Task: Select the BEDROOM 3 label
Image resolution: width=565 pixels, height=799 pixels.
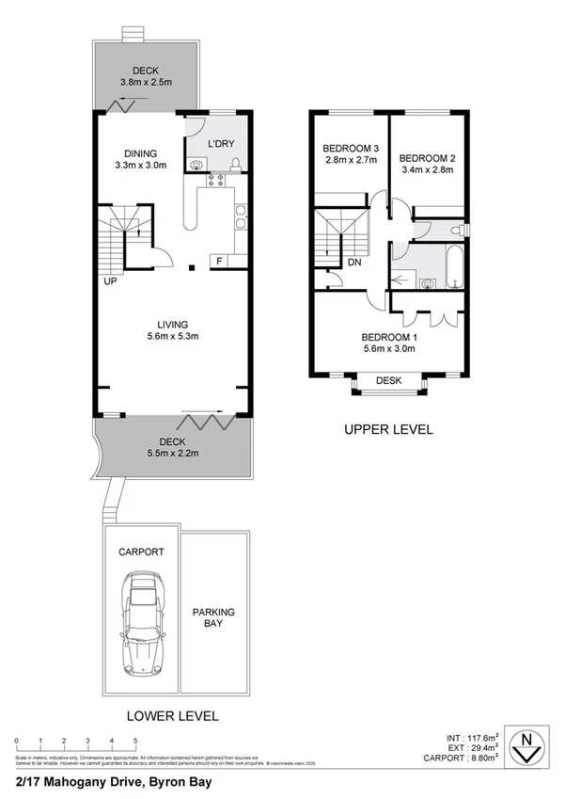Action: click(x=350, y=148)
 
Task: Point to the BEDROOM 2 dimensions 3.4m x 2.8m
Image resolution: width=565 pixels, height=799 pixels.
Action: click(x=427, y=170)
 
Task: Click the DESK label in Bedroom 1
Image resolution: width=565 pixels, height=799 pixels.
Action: click(x=388, y=381)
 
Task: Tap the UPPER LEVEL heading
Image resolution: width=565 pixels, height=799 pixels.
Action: click(x=387, y=429)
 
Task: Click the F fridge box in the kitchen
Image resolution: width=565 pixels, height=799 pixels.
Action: click(x=219, y=261)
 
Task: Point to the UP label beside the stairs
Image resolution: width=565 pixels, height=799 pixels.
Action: click(x=110, y=280)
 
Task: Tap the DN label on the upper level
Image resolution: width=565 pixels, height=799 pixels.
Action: click(x=353, y=263)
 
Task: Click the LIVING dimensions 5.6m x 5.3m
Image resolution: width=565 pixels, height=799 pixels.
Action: click(x=173, y=336)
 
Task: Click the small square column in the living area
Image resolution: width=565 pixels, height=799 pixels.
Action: click(x=191, y=269)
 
